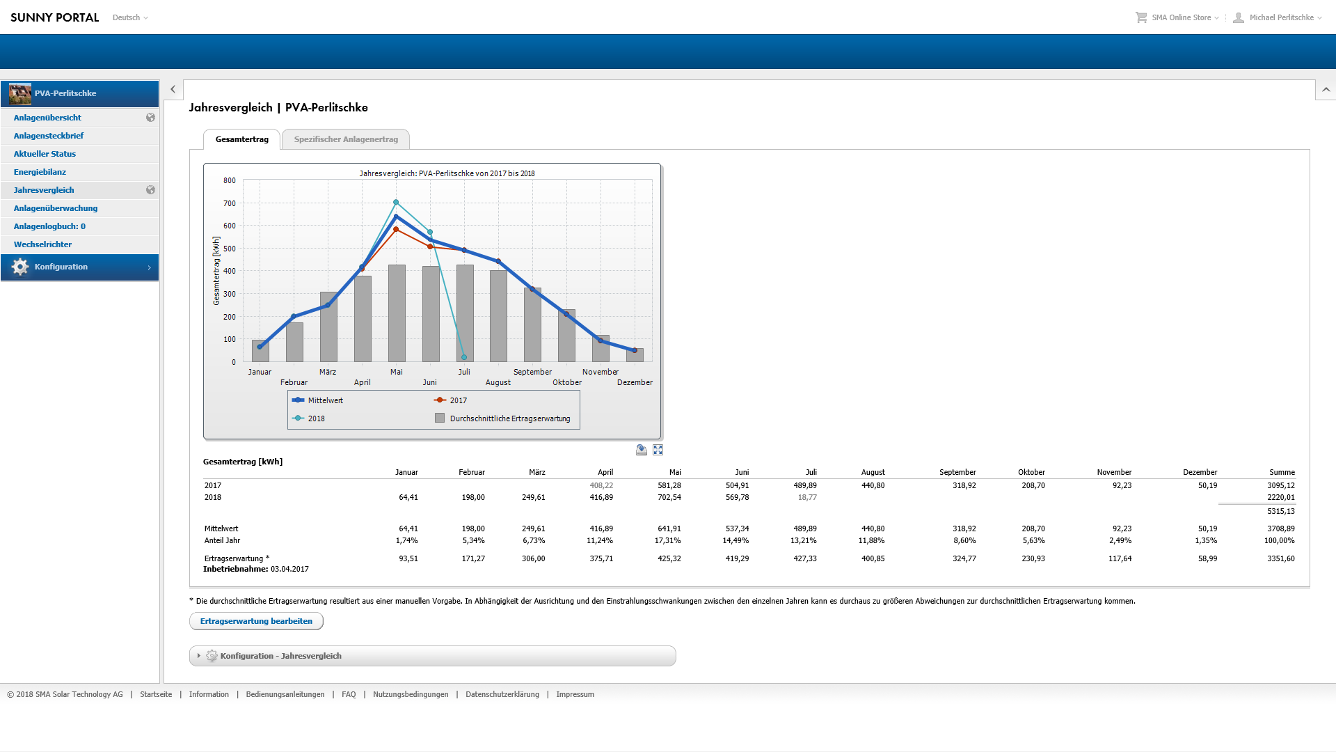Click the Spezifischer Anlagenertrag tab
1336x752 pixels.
(346, 139)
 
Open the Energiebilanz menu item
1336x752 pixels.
(40, 172)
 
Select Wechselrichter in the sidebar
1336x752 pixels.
(42, 244)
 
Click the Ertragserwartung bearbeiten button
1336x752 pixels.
(256, 621)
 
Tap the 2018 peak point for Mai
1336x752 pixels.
(396, 203)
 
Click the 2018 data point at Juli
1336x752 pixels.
(464, 357)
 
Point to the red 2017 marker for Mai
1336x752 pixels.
(396, 229)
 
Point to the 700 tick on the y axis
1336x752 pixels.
(230, 203)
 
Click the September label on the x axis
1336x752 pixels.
(532, 372)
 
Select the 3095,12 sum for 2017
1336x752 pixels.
(1280, 485)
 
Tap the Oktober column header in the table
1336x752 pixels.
(1031, 472)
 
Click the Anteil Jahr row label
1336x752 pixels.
(222, 540)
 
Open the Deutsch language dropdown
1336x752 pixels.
(130, 17)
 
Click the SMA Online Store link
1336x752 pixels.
(1181, 17)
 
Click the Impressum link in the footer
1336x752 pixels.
(575, 694)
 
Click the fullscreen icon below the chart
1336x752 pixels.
(658, 450)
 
